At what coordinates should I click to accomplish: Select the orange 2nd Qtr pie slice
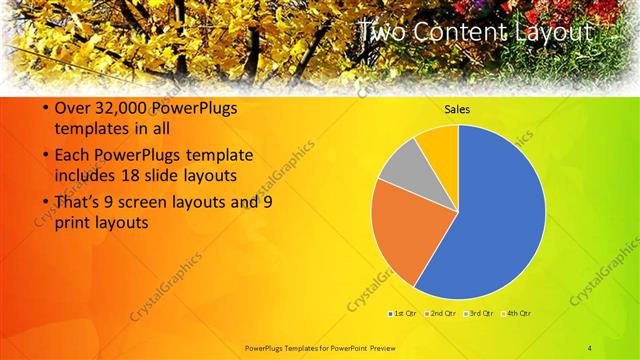pyautogui.click(x=398, y=232)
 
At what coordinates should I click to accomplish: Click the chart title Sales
pyautogui.click(x=458, y=109)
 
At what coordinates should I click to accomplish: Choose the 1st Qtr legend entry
pyautogui.click(x=403, y=313)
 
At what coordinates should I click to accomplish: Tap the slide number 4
pyautogui.click(x=590, y=347)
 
